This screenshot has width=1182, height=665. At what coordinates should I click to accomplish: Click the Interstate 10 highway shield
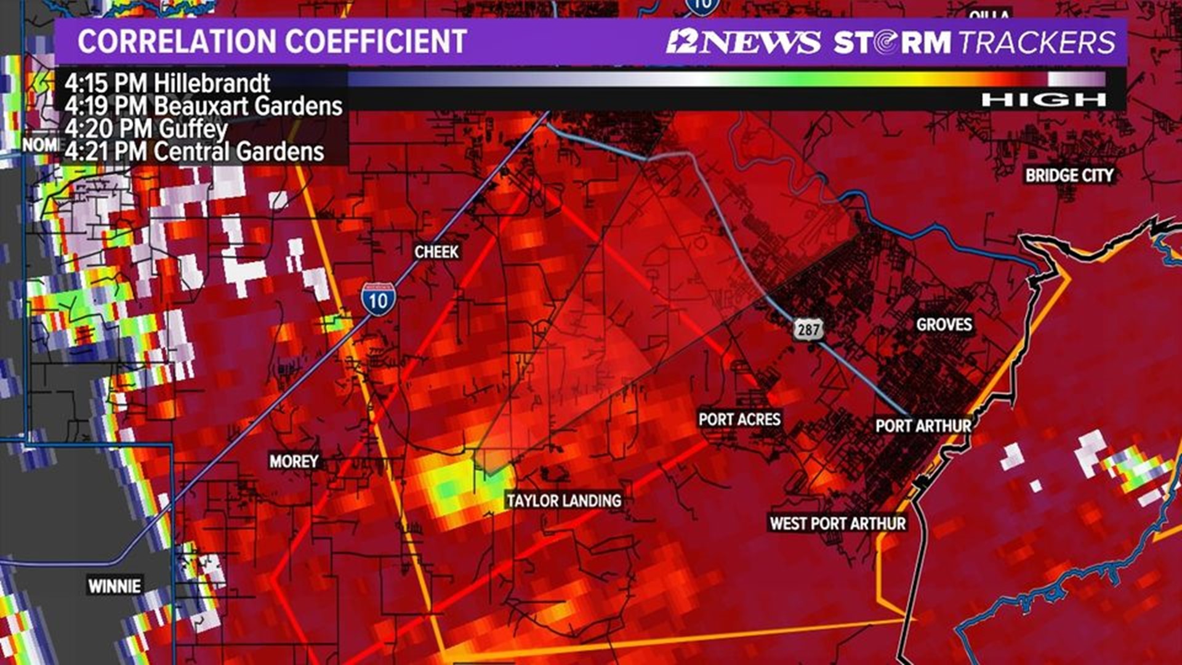click(378, 300)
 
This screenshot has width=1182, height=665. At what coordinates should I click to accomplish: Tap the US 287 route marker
click(808, 329)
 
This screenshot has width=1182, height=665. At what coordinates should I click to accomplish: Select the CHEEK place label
click(436, 252)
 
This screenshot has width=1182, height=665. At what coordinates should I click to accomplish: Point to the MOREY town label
click(294, 461)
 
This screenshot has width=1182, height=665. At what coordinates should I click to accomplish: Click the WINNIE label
click(115, 586)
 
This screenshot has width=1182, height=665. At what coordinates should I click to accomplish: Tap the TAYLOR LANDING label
click(564, 501)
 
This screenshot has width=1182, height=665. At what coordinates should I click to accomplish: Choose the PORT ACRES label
click(739, 419)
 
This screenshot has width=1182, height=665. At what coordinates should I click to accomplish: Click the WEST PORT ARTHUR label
click(838, 523)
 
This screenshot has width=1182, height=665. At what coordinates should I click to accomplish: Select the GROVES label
click(944, 324)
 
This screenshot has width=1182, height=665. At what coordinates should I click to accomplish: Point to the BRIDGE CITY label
click(1069, 175)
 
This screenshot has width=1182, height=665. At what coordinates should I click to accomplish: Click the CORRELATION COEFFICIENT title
click(272, 42)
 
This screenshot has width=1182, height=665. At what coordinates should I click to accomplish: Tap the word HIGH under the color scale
click(1043, 100)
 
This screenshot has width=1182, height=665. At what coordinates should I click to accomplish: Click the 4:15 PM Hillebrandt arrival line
click(167, 83)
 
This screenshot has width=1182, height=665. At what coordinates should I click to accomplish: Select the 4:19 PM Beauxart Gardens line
click(203, 106)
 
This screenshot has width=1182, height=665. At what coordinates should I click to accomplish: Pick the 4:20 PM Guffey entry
click(146, 129)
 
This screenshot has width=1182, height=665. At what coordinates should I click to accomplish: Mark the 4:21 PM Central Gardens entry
click(194, 152)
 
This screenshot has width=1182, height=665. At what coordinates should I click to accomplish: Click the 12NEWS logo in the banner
click(743, 42)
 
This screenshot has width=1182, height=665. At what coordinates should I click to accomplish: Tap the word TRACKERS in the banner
click(1037, 42)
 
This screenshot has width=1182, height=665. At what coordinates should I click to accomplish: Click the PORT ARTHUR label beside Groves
click(923, 425)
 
